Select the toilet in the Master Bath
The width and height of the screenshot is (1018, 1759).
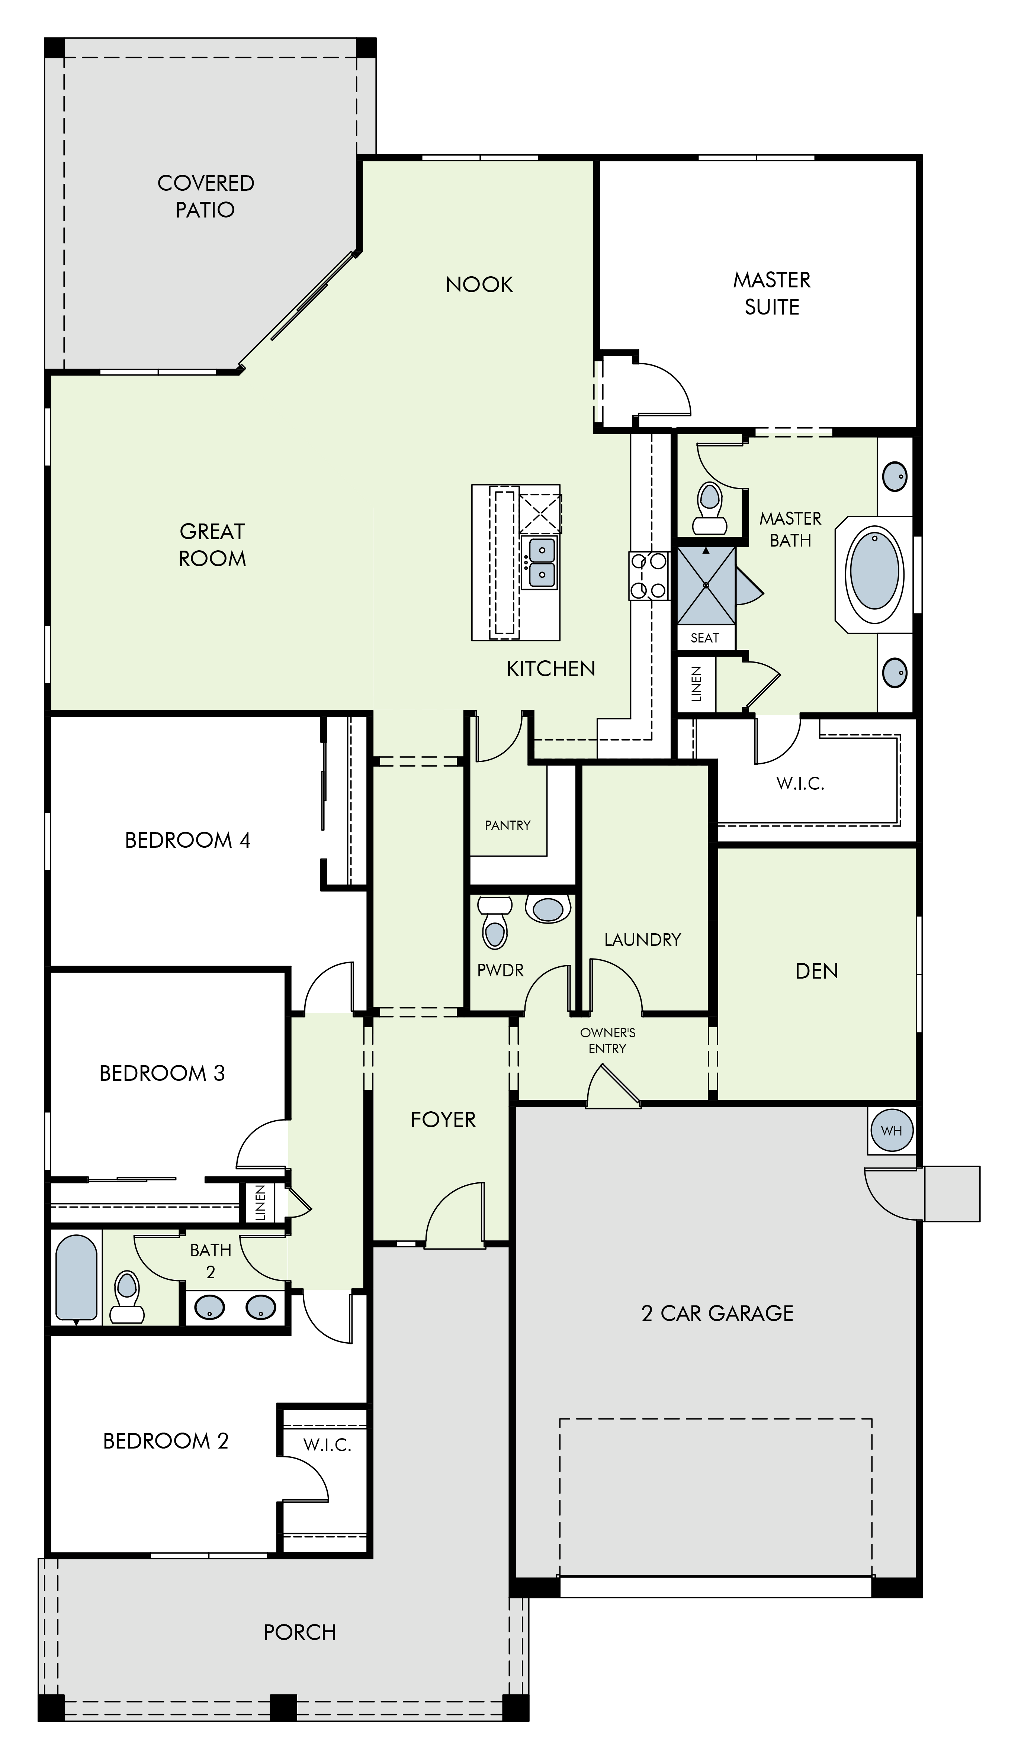[x=709, y=508]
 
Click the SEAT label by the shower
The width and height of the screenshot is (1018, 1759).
[x=704, y=638]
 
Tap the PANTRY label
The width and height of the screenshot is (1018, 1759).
[x=508, y=825]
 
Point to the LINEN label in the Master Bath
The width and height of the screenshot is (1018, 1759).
[x=696, y=684]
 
